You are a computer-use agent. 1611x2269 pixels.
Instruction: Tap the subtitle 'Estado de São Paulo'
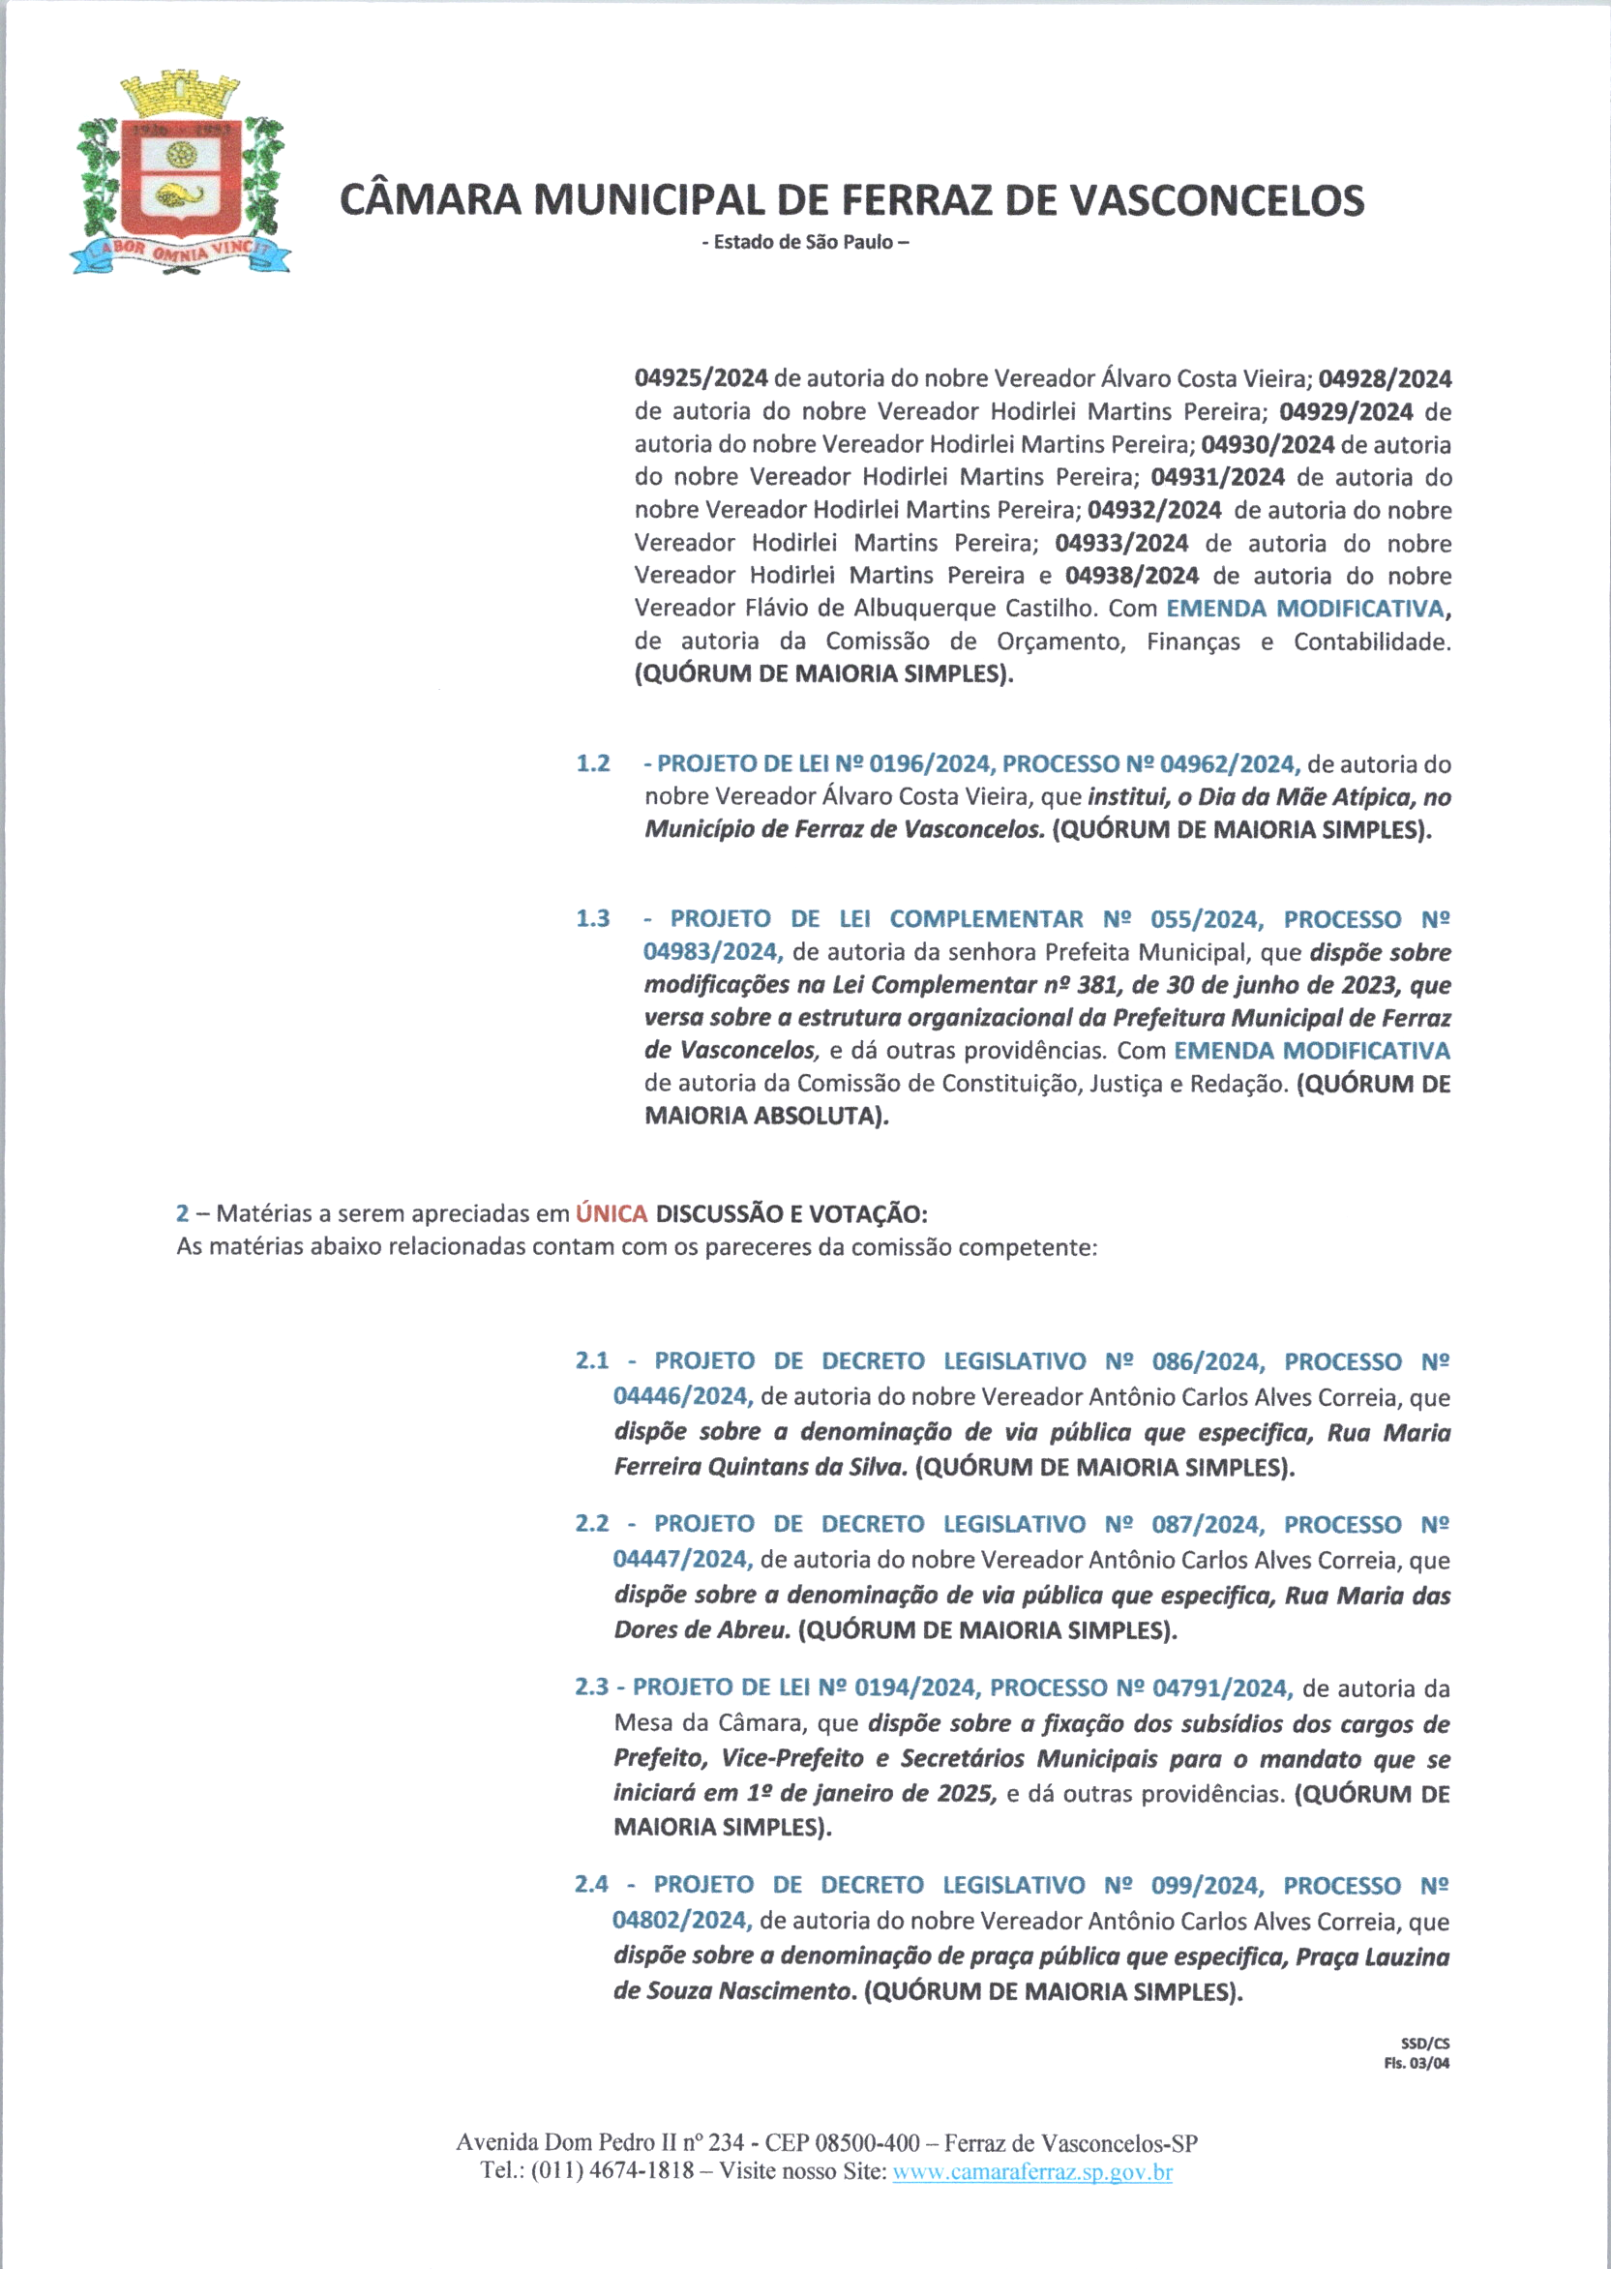pos(804,242)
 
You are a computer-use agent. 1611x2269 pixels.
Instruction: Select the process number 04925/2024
pos(701,378)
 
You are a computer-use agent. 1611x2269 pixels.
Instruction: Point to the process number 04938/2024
pos(1132,576)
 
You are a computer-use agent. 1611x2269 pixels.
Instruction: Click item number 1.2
pos(593,764)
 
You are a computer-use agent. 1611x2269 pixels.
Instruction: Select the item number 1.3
pos(593,918)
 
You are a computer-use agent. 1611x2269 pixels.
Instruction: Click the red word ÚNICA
pos(612,1213)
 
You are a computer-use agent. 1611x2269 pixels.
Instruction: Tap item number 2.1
pos(592,1360)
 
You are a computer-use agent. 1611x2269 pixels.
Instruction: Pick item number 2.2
pos(592,1523)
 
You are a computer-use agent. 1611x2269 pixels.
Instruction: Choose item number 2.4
pos(591,1884)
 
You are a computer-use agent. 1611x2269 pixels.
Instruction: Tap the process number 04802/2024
pos(681,1920)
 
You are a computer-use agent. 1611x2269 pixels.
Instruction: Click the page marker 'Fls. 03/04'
pos(1417,2063)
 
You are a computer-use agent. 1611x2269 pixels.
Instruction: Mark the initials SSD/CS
pos(1424,2043)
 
